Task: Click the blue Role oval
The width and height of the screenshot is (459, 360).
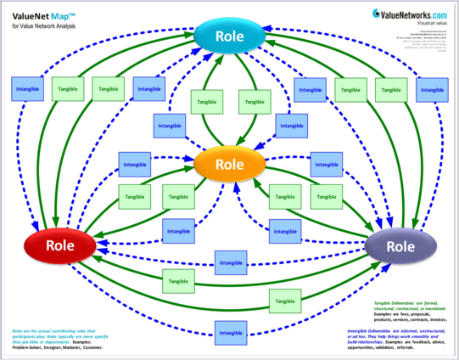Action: click(229, 37)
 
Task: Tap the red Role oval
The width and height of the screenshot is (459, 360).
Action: click(60, 245)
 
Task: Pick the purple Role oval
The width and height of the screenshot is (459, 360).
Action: click(400, 245)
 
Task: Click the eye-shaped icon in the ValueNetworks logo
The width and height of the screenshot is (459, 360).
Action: click(353, 14)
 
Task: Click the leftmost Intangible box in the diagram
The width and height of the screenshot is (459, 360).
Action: click(25, 87)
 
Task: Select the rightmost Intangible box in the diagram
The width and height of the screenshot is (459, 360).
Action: click(433, 87)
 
